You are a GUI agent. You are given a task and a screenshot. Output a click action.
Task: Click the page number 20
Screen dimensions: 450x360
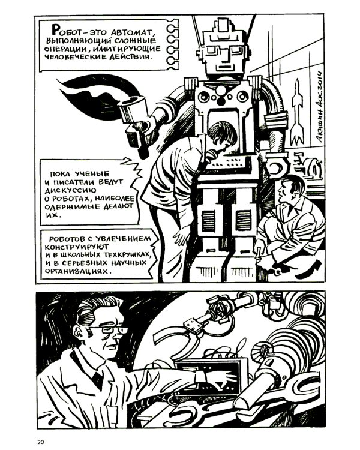(41, 442)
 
